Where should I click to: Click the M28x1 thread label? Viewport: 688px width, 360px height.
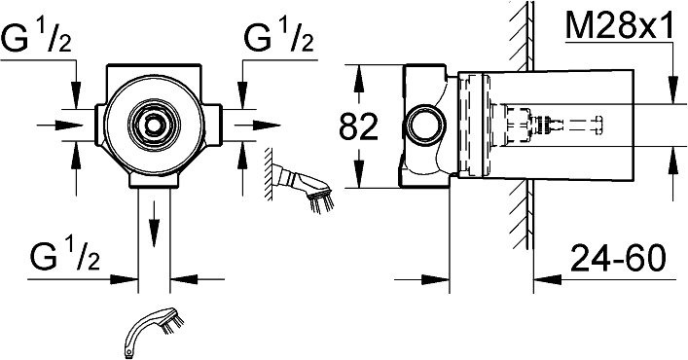(x=619, y=25)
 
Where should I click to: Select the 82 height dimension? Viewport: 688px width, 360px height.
(x=358, y=127)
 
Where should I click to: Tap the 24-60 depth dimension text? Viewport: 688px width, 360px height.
(x=618, y=258)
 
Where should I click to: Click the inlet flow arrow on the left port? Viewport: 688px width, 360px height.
(x=59, y=126)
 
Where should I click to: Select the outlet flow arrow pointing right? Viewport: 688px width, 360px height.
(x=258, y=125)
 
